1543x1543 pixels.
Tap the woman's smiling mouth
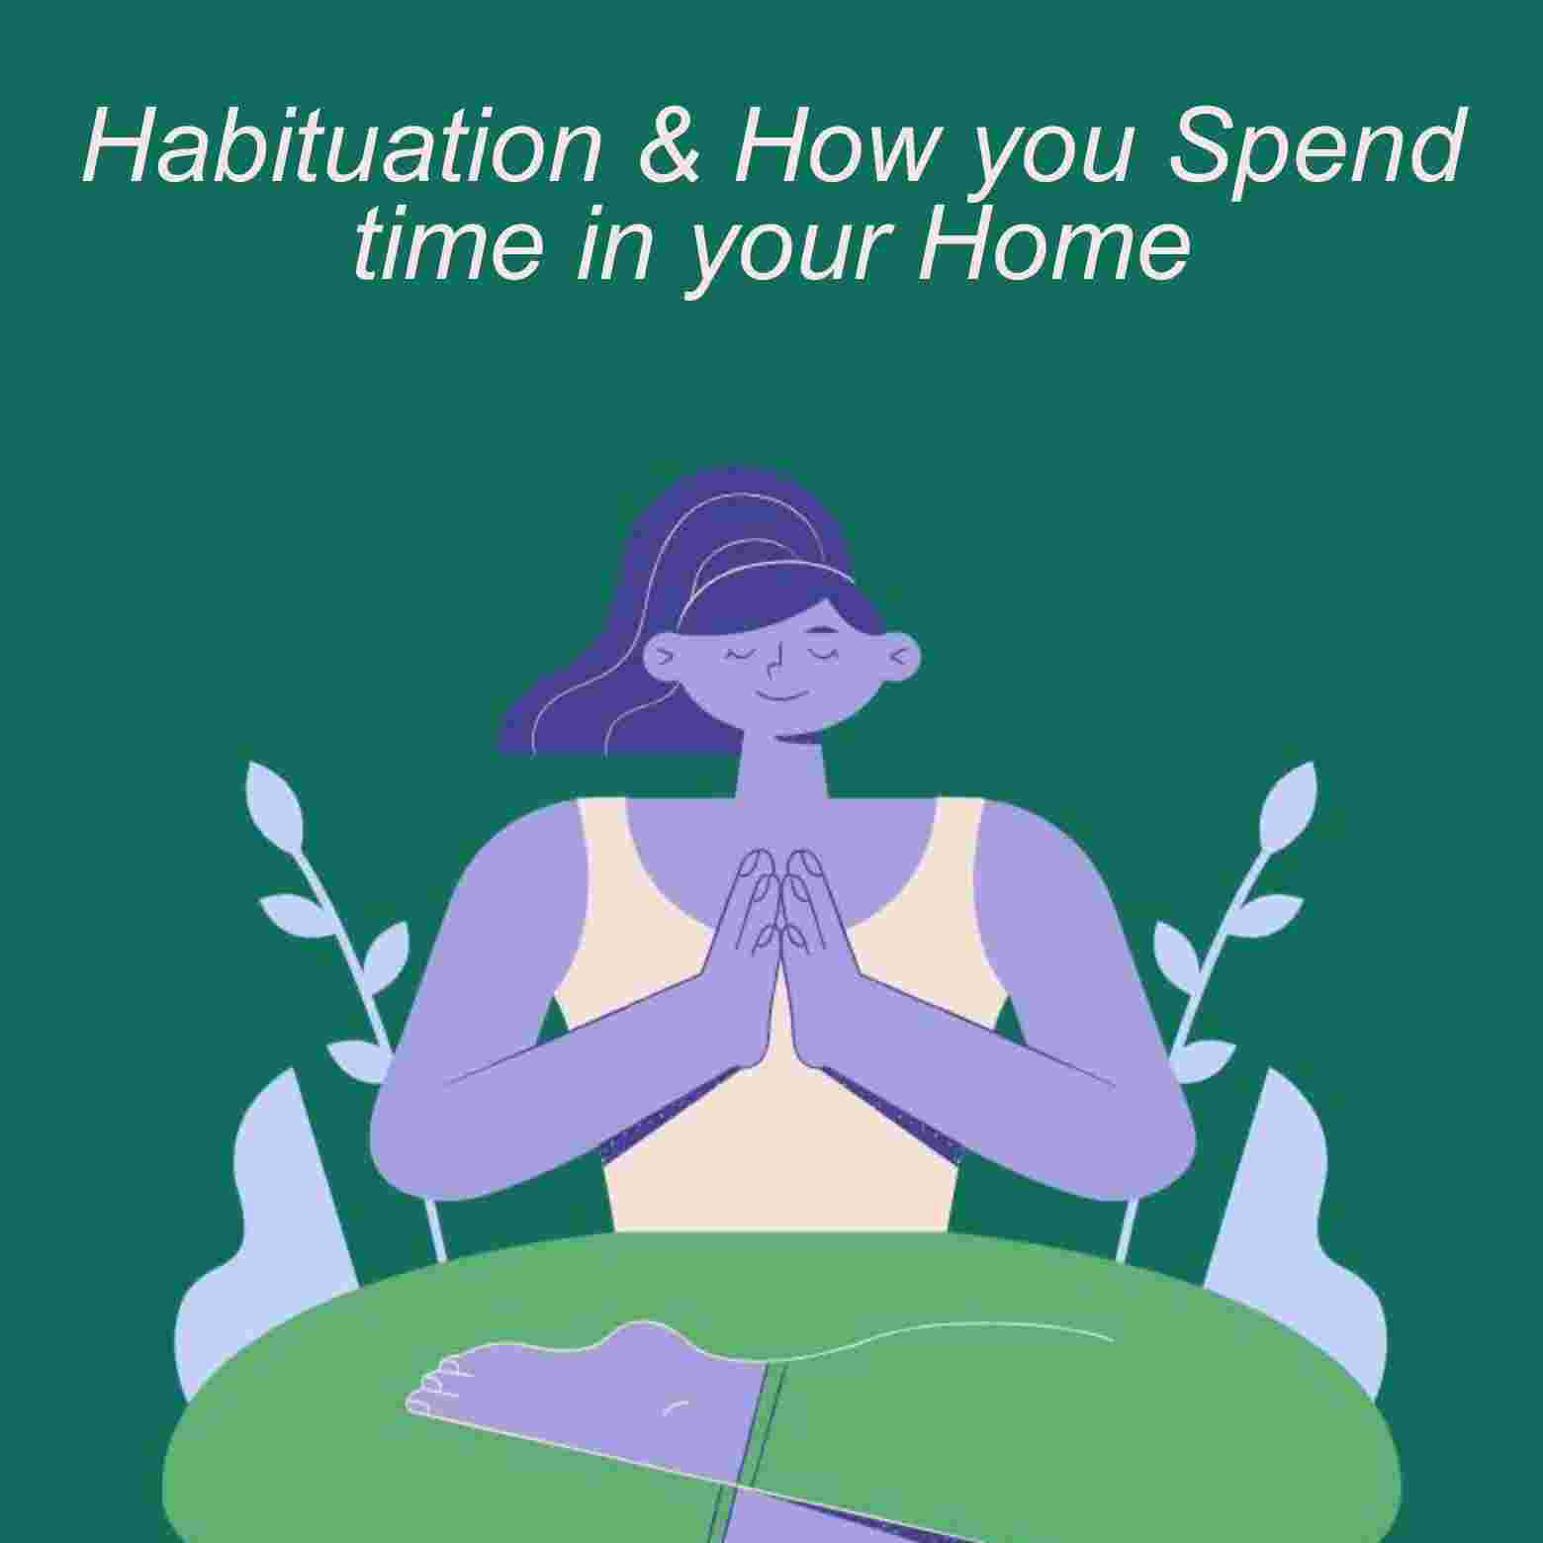(x=781, y=694)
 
